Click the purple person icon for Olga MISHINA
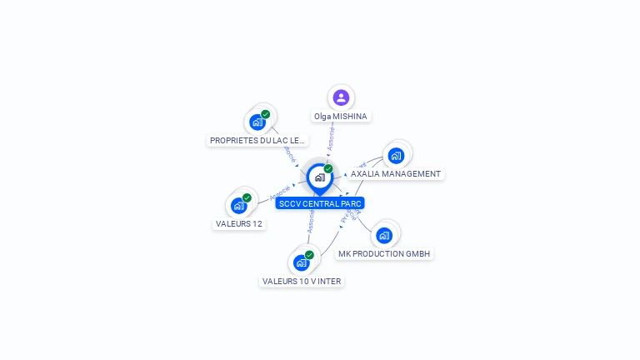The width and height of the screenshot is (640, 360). coord(341,97)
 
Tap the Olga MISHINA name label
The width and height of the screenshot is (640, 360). coord(341,117)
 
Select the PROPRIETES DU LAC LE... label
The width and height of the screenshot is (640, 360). coord(258,141)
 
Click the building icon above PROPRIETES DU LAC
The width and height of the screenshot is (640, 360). coord(257,122)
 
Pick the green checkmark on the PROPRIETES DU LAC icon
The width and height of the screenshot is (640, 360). coord(265,115)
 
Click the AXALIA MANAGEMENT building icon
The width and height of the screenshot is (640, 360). coord(396,155)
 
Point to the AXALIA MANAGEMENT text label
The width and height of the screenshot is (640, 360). coord(395,174)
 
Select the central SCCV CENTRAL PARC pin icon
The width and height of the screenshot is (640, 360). coord(319,177)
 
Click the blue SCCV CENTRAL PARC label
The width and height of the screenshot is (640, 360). coord(320,203)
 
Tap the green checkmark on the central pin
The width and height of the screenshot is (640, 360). coord(328,169)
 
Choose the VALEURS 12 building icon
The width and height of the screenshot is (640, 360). coord(239,205)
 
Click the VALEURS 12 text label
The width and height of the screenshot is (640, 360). coord(239,224)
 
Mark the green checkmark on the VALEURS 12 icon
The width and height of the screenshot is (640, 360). coord(247,198)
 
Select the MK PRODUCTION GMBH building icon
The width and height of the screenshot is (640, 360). coord(384,235)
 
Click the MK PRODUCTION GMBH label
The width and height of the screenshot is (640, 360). coord(385,254)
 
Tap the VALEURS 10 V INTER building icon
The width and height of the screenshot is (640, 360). coord(302,262)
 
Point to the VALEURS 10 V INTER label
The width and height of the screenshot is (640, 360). coord(302,282)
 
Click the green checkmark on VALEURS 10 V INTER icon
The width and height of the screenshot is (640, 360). coord(309,255)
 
